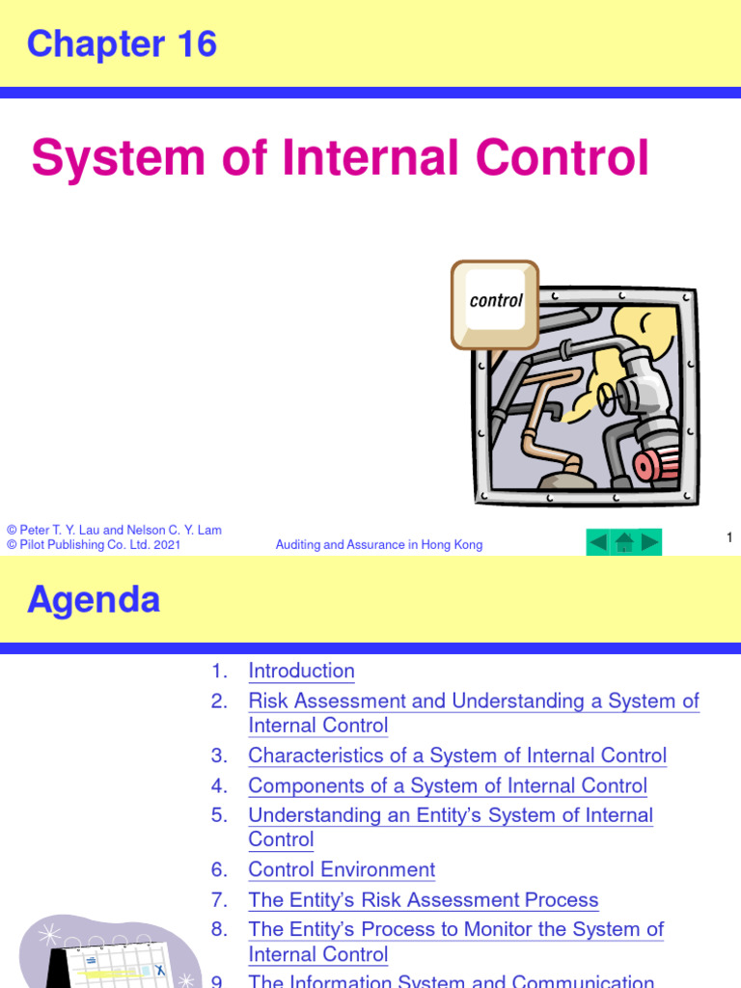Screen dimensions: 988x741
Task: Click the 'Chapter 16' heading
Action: [122, 44]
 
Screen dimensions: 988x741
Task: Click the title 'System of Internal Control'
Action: [340, 158]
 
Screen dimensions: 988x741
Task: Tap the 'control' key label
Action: [496, 301]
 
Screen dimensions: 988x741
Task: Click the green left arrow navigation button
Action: [598, 542]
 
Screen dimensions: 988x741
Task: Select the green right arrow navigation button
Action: [649, 542]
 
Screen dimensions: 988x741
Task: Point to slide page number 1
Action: [729, 537]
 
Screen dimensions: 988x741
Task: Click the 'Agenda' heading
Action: [94, 600]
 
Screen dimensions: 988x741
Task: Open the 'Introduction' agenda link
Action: [301, 671]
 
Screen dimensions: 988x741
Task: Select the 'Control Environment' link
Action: [342, 869]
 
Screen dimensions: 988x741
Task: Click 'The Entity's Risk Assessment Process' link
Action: [423, 900]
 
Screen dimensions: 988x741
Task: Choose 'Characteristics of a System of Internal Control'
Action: [457, 755]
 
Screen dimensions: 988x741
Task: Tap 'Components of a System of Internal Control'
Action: [448, 785]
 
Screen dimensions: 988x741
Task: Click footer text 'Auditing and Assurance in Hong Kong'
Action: [379, 545]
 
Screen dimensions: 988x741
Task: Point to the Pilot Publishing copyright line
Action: [94, 545]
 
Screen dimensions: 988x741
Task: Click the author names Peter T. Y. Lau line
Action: [114, 530]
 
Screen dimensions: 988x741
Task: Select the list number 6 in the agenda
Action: [220, 869]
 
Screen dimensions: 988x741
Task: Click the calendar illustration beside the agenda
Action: [106, 955]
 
